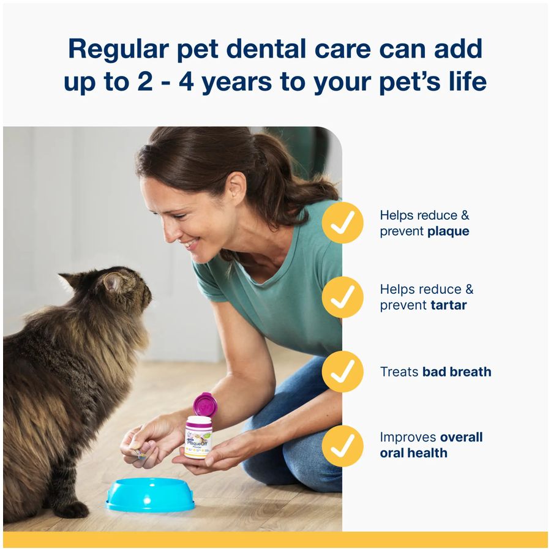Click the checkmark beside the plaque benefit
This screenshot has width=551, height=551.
343,223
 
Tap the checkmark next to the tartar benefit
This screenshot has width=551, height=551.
343,297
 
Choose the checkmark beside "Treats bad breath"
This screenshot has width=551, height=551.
343,372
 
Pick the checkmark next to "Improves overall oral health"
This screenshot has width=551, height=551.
343,446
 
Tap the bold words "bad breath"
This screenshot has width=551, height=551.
457,372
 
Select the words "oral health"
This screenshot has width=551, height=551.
413,453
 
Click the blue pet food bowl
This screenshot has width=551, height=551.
151,495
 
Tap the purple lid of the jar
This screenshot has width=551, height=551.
204,405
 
